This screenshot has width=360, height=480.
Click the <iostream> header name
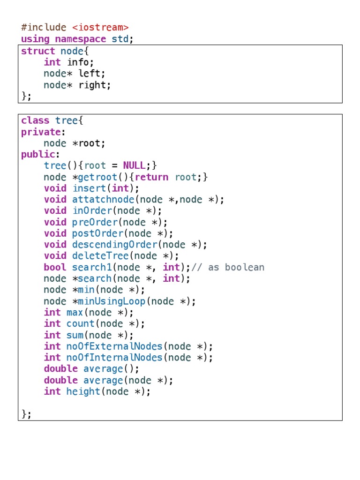tap(100, 28)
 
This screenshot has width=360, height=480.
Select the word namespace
tap(81, 39)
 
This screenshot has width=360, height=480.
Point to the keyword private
tap(41, 132)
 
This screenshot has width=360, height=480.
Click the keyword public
tap(38, 155)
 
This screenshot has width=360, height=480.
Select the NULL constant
tap(134, 166)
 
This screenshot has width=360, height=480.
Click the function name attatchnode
tap(103, 200)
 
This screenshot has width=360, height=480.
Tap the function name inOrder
tap(92, 211)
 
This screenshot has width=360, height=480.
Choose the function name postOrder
tap(97, 233)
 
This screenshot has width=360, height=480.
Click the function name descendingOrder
tap(115, 245)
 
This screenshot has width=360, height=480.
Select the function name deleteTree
tap(100, 256)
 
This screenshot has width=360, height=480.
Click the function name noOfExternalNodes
tap(118, 346)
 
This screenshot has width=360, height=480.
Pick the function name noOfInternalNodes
tap(118, 358)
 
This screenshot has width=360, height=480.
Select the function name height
tap(83, 391)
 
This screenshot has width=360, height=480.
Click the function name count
tap(80, 324)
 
